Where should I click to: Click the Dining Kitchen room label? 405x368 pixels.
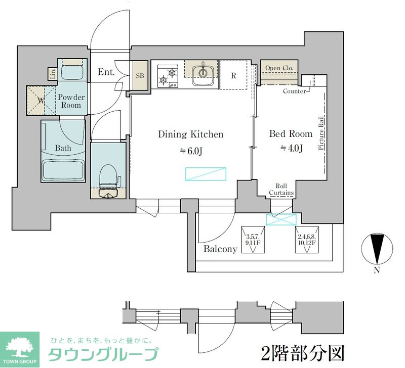click(190, 134)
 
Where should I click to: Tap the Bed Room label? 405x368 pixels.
click(290, 134)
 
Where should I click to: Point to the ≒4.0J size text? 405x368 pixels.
click(291, 148)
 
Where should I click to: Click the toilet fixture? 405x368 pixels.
click(109, 180)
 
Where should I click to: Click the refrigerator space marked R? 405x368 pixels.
click(233, 75)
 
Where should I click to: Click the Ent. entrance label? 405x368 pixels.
click(106, 72)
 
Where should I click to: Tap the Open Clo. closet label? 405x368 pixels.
click(279, 68)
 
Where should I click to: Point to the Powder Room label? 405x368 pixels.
click(71, 101)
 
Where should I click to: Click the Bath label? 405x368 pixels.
click(63, 148)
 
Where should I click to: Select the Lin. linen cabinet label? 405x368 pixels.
click(53, 74)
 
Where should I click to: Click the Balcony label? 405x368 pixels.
click(220, 249)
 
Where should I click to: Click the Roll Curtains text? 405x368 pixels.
click(281, 190)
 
